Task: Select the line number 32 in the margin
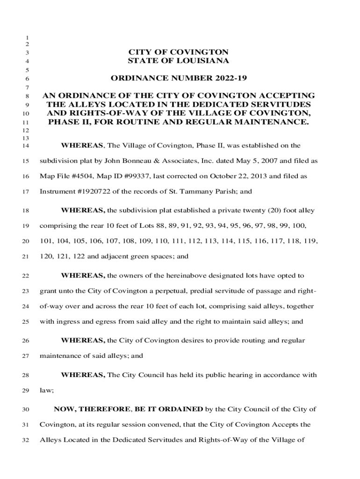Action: point(26,440)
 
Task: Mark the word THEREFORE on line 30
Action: point(105,409)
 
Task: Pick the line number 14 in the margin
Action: point(26,146)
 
